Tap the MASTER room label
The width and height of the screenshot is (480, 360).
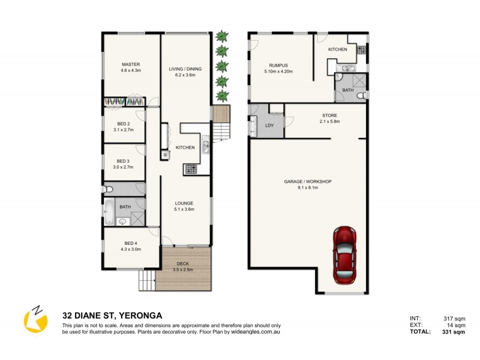tap(131, 65)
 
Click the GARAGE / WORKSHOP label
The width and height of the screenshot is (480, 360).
tap(308, 182)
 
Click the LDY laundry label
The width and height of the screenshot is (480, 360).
tap(269, 125)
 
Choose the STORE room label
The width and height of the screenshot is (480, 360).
tap(329, 115)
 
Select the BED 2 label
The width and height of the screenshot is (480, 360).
tap(123, 124)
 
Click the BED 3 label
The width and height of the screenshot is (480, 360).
tap(122, 161)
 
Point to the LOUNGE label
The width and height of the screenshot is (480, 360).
tap(184, 203)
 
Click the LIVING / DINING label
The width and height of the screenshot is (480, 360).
tap(185, 69)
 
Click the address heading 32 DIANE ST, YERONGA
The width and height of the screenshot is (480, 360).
tap(113, 315)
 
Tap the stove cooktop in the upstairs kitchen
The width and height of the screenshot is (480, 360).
tap(191, 169)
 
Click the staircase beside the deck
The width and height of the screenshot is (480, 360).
tap(147, 279)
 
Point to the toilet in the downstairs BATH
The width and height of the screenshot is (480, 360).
tap(361, 96)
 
